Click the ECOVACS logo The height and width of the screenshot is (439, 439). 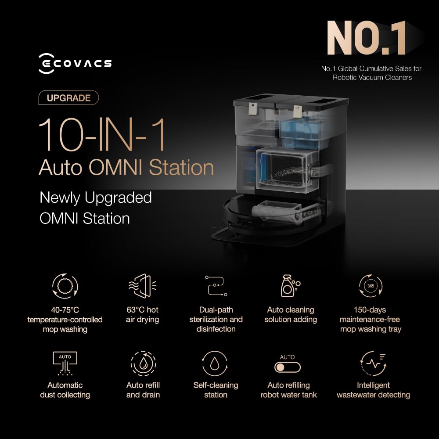point(75,64)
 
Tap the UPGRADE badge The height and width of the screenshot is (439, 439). point(68,98)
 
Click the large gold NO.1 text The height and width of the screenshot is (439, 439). point(367,38)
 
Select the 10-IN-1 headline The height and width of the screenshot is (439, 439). point(101,135)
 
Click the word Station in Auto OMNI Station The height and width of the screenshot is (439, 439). point(181,167)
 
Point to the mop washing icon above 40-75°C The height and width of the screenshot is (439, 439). point(65,286)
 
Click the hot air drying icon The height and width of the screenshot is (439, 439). point(143,286)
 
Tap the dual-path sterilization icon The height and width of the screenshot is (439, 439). point(216,286)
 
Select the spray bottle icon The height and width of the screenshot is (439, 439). point(290,286)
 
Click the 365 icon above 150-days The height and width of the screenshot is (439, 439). point(371,286)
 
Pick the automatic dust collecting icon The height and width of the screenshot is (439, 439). point(65,363)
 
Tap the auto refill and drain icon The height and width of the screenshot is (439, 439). point(143,363)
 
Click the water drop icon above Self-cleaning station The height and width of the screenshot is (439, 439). point(215,363)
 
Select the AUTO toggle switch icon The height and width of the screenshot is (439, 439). point(287,367)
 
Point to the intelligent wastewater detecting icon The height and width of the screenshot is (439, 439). point(373,363)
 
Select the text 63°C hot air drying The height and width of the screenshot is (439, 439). point(143,315)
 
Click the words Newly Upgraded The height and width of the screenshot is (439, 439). point(96,198)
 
